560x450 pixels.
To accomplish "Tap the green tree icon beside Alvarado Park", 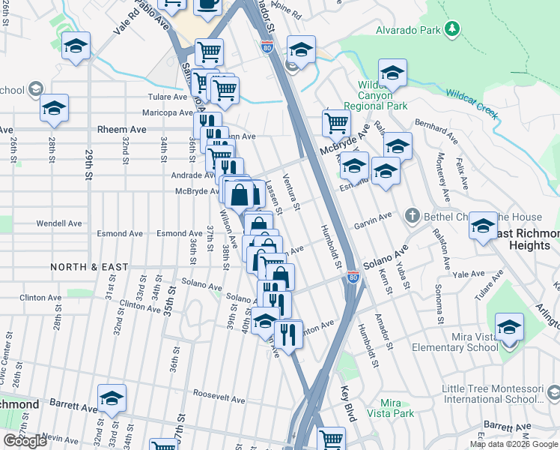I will point(451,28).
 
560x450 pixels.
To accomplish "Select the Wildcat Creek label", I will point(472,103).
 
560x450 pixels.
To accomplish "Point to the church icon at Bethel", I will point(412,216).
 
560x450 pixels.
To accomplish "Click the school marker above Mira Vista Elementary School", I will point(509,328).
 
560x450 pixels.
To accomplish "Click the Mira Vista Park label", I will point(397,408).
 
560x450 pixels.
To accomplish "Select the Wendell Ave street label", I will point(59,223).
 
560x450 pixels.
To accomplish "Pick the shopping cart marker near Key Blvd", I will point(331,439).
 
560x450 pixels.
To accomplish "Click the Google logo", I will point(25,441).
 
